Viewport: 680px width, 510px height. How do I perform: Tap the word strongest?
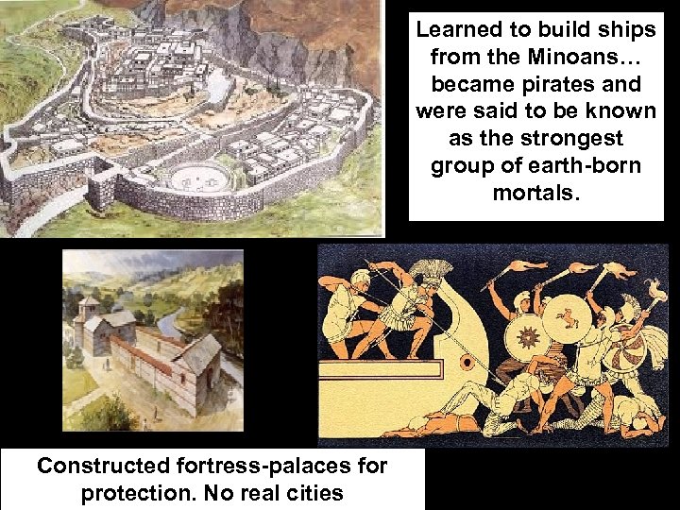(573, 139)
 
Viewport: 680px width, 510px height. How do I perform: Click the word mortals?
(535, 194)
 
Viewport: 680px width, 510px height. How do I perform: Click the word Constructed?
(102, 467)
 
